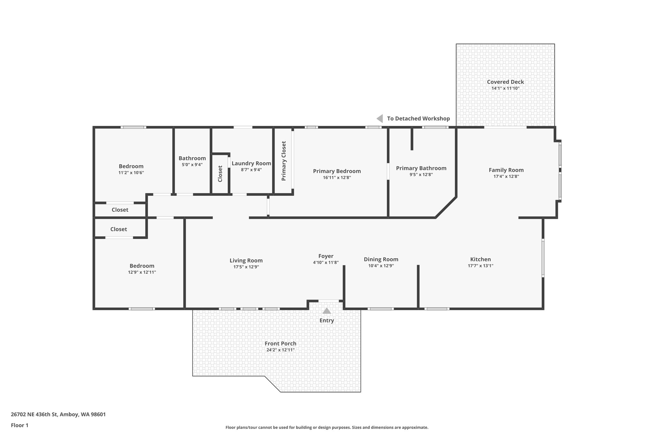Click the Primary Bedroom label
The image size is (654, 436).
[337, 171]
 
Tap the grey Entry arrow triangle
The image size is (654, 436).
[326, 311]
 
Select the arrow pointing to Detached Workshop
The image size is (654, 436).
[380, 119]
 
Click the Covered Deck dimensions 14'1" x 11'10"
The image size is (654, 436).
[505, 88]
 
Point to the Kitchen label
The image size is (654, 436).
[480, 259]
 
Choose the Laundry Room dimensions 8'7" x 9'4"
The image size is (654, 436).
[251, 170]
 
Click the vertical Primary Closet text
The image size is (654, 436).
[284, 161]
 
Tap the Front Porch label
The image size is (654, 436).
[280, 344]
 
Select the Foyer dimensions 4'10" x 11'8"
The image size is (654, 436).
[325, 263]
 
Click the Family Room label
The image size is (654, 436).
[506, 170]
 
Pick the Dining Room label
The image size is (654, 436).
[381, 259]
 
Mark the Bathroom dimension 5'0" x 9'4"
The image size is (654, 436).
[192, 165]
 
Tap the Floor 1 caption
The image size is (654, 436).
[19, 425]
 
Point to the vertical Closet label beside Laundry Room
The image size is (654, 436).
[220, 174]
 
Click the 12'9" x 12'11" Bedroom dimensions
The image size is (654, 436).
[142, 272]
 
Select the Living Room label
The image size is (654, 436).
[246, 261]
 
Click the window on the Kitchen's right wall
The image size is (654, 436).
[543, 257]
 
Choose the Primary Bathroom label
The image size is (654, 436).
[421, 168]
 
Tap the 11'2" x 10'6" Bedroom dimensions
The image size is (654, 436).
[131, 173]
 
